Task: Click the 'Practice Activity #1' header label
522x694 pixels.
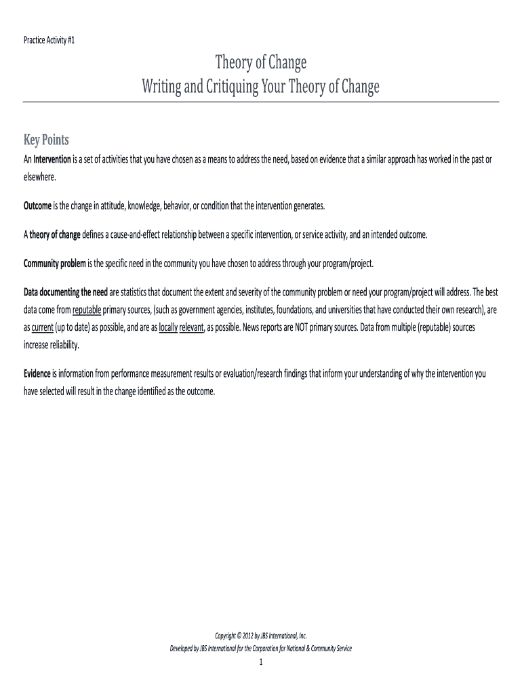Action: (x=50, y=41)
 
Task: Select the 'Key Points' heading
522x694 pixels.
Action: (x=47, y=140)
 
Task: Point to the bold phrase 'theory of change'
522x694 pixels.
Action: (x=54, y=234)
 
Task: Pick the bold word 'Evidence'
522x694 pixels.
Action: (x=37, y=373)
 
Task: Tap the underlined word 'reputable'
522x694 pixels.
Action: (x=86, y=310)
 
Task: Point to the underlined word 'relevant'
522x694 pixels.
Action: (x=191, y=327)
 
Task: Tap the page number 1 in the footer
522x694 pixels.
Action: (x=260, y=663)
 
